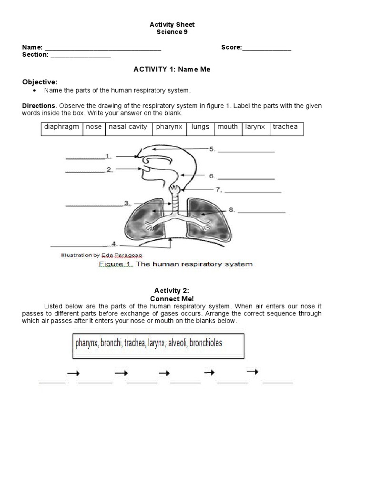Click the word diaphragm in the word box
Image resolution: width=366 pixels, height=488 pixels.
click(x=61, y=127)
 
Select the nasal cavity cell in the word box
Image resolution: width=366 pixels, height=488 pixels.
click(x=128, y=127)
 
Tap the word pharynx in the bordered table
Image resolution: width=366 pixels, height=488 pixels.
click(x=169, y=127)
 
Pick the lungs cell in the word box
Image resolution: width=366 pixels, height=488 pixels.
click(x=200, y=127)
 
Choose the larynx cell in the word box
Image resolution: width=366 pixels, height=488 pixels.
click(x=255, y=127)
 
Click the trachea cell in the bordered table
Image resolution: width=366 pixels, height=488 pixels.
click(x=285, y=127)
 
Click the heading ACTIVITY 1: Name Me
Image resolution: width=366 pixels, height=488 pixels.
click(x=172, y=70)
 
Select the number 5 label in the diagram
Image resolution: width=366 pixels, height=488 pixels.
click(x=212, y=149)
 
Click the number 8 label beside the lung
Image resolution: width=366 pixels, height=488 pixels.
click(x=231, y=209)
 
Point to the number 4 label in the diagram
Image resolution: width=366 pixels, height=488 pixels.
click(x=114, y=244)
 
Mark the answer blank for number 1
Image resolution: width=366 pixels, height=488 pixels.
click(x=84, y=158)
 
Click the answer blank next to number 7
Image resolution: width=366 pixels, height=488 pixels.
click(x=253, y=192)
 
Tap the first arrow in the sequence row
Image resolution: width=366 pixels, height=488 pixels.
click(x=73, y=374)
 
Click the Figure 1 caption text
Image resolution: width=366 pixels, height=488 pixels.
click(x=175, y=264)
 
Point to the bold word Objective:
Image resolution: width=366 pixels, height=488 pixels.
click(x=40, y=82)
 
